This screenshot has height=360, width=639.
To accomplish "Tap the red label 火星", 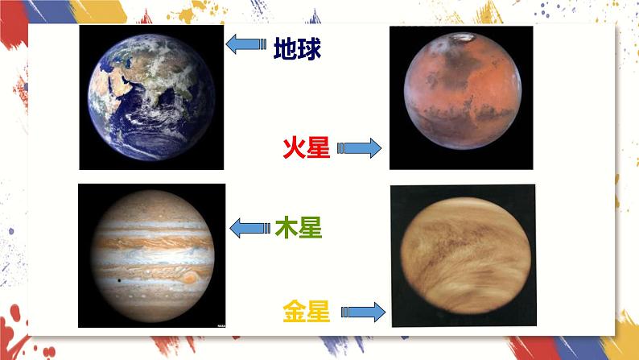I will (x=307, y=147).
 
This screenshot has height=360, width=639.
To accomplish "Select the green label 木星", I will (x=298, y=228).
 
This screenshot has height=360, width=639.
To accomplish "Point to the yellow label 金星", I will (x=307, y=310).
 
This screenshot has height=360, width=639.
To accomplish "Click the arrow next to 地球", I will (x=245, y=45).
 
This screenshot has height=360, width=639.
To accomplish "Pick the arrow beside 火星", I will (x=358, y=147).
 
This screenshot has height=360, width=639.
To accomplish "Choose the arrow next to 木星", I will (x=249, y=229).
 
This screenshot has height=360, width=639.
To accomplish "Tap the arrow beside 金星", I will (x=363, y=312).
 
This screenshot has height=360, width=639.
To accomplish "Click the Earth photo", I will (x=151, y=97).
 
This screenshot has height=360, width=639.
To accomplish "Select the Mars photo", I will (x=460, y=97).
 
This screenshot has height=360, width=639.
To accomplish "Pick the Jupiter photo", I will (x=151, y=255).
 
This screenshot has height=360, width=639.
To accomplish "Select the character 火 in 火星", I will (x=295, y=147).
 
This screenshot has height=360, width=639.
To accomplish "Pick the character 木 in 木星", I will (x=286, y=228).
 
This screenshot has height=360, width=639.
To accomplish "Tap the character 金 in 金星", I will (x=295, y=310).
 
